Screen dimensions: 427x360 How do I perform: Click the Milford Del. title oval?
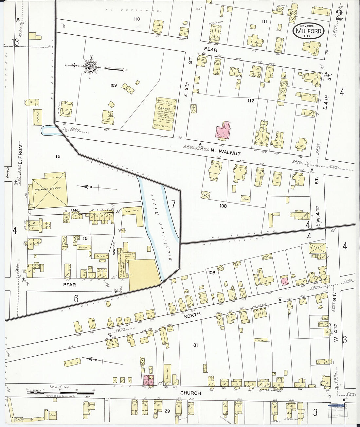coord(308,31)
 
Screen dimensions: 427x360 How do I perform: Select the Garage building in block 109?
coord(164,114)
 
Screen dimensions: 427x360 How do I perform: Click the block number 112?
coord(251,101)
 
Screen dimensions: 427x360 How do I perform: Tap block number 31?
coord(195,345)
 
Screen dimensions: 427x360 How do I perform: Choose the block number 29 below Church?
coord(168,411)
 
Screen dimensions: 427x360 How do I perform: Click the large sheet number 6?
coord(76,298)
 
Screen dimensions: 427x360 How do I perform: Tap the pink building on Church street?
coord(148,380)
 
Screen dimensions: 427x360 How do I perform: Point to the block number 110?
coord(137,19)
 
